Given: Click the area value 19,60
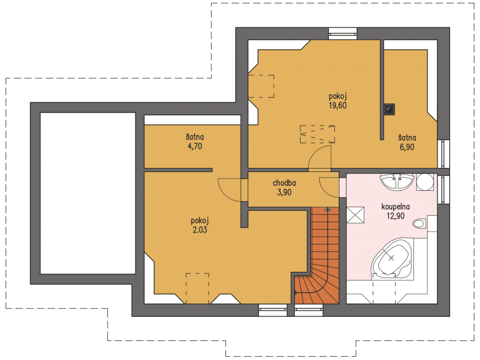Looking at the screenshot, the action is pyautogui.click(x=337, y=105).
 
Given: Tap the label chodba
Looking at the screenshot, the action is pyautogui.click(x=284, y=183).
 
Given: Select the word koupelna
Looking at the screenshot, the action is pyautogui.click(x=396, y=207).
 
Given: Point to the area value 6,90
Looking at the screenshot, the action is pyautogui.click(x=407, y=147).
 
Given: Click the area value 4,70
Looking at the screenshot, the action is pyautogui.click(x=195, y=146).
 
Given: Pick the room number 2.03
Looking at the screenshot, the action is pyautogui.click(x=200, y=230).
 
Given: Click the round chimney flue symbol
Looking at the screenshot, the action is pyautogui.click(x=390, y=109).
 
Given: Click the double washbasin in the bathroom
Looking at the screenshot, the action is pyautogui.click(x=397, y=182).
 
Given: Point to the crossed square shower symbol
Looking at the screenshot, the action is pyautogui.click(x=355, y=215).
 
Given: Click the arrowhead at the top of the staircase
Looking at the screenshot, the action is pyautogui.click(x=328, y=210).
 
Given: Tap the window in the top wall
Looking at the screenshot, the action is pyautogui.click(x=343, y=34).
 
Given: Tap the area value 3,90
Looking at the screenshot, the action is pyautogui.click(x=284, y=193).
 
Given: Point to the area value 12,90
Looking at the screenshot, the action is pyautogui.click(x=396, y=216).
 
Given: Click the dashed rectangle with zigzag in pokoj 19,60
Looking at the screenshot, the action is pyautogui.click(x=317, y=134).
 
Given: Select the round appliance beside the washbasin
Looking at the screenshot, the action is pyautogui.click(x=425, y=182).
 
